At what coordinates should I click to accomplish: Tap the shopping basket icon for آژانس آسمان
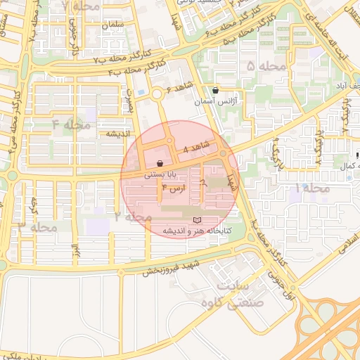pyautogui.click(x=215, y=91)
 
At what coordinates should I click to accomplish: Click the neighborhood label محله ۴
pyautogui.click(x=72, y=125)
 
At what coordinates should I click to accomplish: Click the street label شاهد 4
pyautogui.click(x=196, y=148)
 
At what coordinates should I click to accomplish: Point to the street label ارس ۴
pyautogui.click(x=173, y=188)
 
